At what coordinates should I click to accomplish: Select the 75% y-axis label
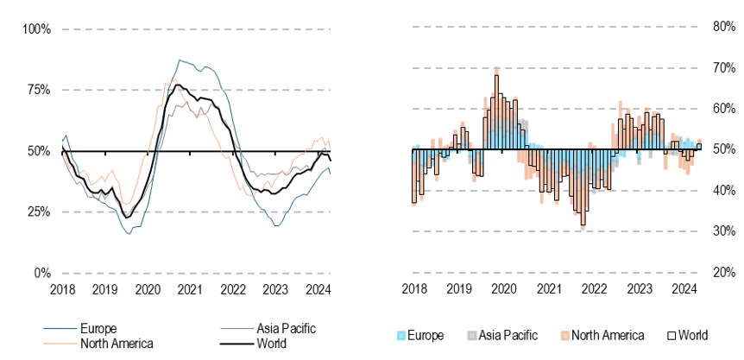[36, 90]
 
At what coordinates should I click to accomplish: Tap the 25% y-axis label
[36, 212]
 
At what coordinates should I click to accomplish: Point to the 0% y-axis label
[40, 273]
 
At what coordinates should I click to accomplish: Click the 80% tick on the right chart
[722, 26]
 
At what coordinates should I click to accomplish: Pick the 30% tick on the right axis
[722, 231]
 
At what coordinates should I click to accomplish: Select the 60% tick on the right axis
[722, 108]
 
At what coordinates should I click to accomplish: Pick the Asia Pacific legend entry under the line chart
[286, 329]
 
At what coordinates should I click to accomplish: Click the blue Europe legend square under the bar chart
[400, 336]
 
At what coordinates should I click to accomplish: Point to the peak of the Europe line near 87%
[179, 60]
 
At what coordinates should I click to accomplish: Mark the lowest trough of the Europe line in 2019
[129, 234]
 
